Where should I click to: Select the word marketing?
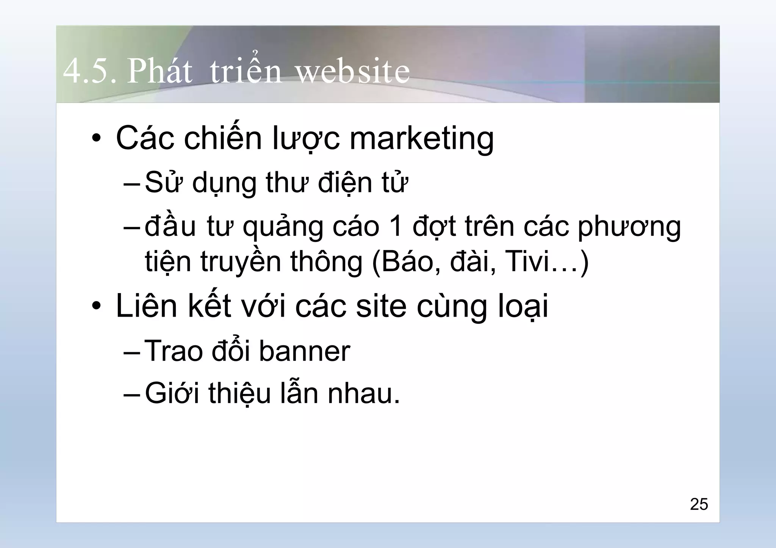[421, 139]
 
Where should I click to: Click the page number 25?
[699, 504]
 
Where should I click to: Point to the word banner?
[304, 351]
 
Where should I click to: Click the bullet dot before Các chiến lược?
[97, 139]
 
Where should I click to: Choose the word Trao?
[174, 351]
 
